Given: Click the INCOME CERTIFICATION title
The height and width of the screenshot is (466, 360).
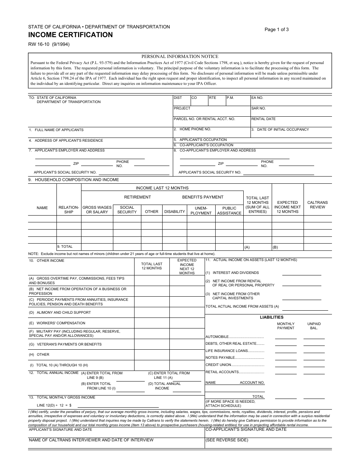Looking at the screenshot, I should (x=70, y=35).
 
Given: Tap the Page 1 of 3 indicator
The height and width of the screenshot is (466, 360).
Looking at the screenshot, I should (x=277, y=30).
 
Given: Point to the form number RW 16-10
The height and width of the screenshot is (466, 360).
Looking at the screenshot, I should (x=49, y=44).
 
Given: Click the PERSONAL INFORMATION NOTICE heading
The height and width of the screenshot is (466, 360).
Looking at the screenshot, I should (x=180, y=56).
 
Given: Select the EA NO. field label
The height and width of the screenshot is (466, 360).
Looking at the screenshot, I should (x=257, y=98).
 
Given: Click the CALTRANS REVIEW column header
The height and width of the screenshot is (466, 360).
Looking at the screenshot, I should (x=318, y=205).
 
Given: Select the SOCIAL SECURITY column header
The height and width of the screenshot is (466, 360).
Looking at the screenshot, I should (x=127, y=210).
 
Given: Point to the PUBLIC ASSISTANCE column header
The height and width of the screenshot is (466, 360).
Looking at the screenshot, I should (x=229, y=211).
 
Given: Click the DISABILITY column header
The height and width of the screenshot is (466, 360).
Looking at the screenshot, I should (x=175, y=211).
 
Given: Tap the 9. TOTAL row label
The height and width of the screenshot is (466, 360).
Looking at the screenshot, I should (x=65, y=246).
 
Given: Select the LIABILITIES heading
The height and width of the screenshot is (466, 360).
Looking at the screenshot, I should (x=271, y=317).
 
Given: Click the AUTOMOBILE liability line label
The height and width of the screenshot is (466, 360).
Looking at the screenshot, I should (x=217, y=336).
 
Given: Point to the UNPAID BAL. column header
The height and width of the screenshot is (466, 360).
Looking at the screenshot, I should (x=314, y=326).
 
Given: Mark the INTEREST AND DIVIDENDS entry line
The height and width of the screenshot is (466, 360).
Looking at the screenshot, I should (x=302, y=273).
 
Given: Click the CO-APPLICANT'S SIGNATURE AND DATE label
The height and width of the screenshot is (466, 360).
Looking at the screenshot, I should (x=246, y=430).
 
